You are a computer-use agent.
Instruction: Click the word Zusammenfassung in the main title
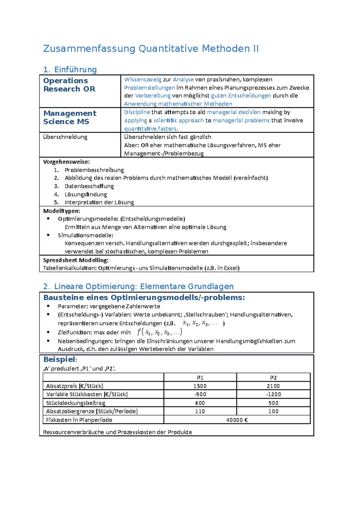coord(89,49)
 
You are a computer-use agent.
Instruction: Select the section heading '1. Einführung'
coord(70,70)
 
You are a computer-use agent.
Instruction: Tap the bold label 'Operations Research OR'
coord(69,85)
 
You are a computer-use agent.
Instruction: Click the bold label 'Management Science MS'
coord(70,118)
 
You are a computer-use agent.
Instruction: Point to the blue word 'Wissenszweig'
coord(143,80)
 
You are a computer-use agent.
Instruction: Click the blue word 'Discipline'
coord(137,112)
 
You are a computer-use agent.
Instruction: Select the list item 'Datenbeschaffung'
coord(89,186)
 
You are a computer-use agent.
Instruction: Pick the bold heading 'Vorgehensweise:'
coord(66,162)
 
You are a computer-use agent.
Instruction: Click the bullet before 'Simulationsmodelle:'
coord(48,235)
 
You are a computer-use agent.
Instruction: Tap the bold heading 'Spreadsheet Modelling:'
coord(76,260)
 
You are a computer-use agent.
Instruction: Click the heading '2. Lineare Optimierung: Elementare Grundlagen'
coord(138,286)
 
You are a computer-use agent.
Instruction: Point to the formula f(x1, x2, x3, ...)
coord(159,332)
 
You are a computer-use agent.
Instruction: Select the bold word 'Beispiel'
coord(59,359)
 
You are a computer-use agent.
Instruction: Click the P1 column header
coord(200,378)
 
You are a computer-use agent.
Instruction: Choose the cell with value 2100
coord(273,386)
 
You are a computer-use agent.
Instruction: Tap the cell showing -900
coord(200,394)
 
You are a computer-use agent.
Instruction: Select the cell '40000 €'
coord(237,420)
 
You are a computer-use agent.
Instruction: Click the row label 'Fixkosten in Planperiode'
coord(79,420)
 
